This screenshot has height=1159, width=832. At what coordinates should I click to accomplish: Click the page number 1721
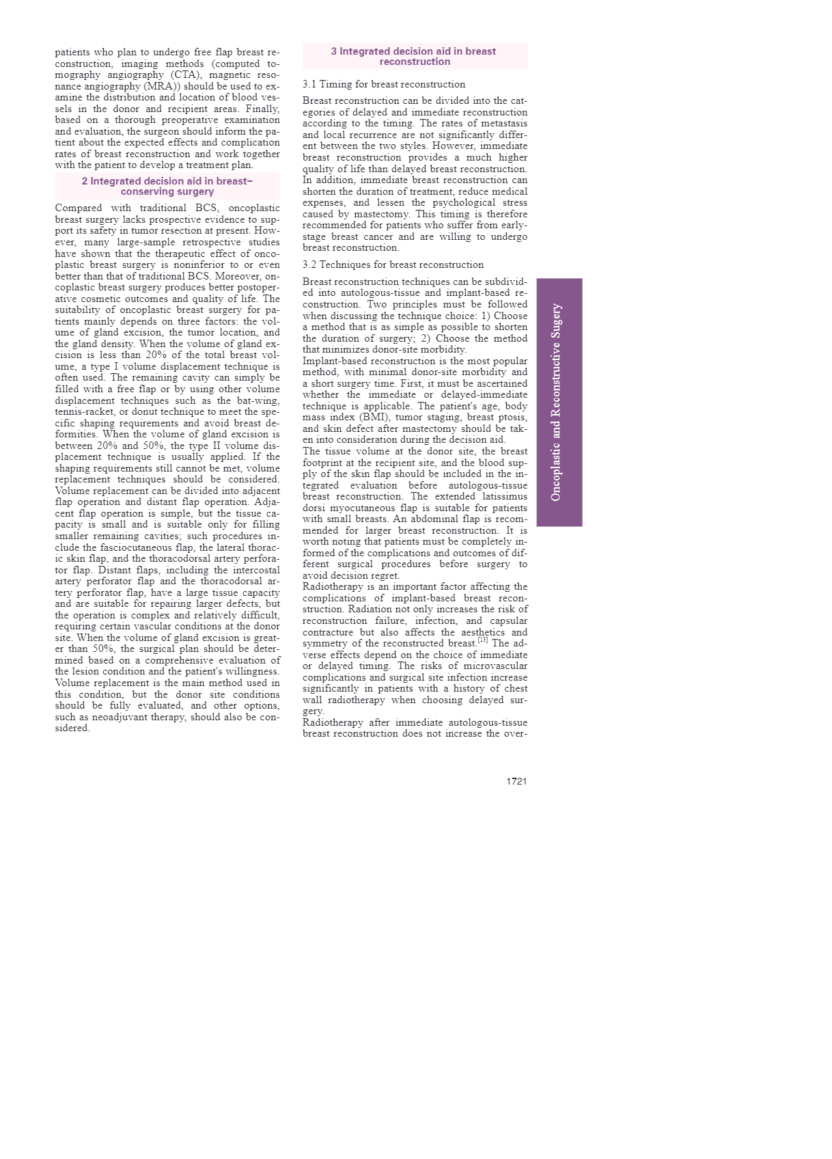(x=516, y=781)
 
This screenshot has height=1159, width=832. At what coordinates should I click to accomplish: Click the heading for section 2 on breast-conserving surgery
(x=167, y=186)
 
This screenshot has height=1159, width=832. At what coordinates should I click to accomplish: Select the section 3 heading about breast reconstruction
(x=415, y=56)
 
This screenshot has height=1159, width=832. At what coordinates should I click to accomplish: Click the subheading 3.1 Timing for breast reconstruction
(x=384, y=84)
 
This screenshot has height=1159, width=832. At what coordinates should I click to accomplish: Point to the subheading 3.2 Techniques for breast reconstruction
(x=393, y=264)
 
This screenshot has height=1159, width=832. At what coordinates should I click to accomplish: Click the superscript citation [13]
(x=483, y=640)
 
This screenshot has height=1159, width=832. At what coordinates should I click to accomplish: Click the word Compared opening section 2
(x=78, y=208)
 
